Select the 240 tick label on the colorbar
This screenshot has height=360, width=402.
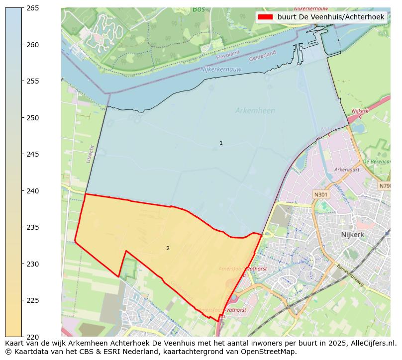pos(32,191)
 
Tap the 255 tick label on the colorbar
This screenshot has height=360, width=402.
pos(32,81)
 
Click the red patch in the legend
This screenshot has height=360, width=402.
pos(266,17)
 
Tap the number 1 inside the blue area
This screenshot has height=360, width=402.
pos(221,143)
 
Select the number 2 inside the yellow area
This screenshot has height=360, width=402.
pos(168,248)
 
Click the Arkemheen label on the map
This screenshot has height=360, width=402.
pos(255,111)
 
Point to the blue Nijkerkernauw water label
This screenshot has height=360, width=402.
pos(220,70)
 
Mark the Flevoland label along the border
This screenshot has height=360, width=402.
pos(228,58)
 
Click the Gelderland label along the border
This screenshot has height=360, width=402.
pos(262,53)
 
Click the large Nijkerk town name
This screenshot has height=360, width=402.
pos(354,234)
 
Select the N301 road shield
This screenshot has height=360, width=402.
pos(321,194)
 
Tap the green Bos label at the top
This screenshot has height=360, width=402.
pos(198,9)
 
